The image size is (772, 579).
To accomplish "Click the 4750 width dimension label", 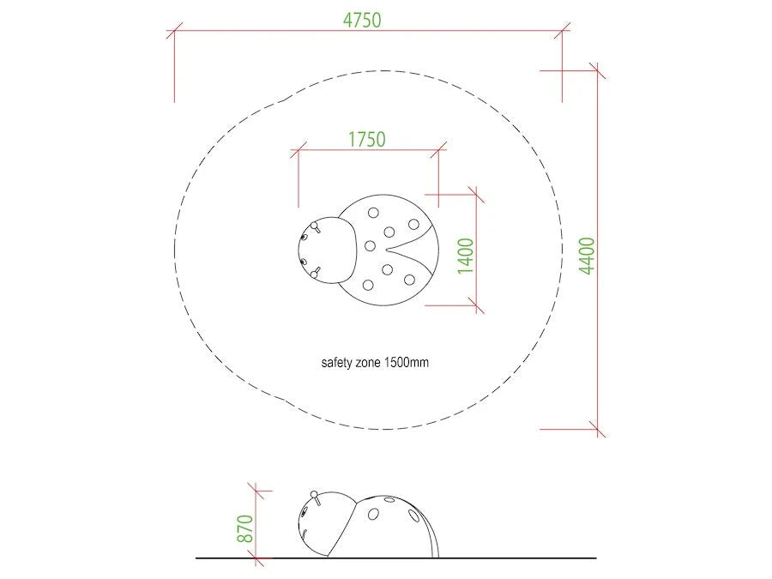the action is pos(362,21).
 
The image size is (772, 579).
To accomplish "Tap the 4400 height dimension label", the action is pos(587,256).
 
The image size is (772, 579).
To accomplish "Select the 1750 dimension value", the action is pos(367,139).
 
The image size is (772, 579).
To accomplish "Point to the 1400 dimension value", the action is pos(466,256).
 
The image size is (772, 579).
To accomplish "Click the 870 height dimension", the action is pos(245,528).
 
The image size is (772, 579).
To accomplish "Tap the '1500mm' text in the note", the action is pos(407,362).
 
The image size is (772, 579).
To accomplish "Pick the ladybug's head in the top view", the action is pos(327,250).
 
